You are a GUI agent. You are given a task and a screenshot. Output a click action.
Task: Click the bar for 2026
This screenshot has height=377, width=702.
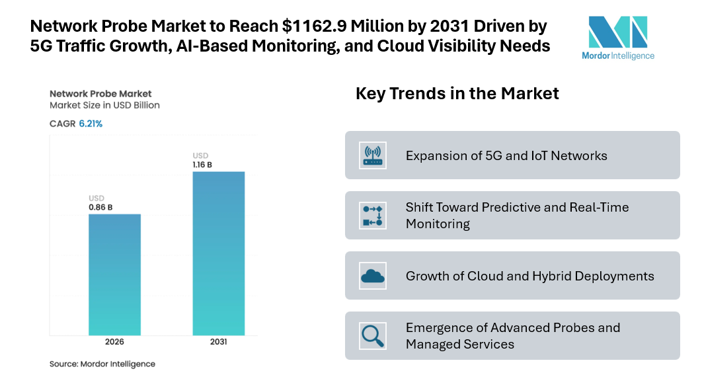pos(114,274)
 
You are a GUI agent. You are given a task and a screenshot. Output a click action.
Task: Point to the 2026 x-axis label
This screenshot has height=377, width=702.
pos(114,342)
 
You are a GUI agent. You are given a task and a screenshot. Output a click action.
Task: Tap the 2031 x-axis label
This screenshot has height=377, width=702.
pos(218,342)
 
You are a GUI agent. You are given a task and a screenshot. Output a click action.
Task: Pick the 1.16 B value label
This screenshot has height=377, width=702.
pos(202,165)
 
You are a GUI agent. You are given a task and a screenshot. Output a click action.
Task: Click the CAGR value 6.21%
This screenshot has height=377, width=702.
pos(91,124)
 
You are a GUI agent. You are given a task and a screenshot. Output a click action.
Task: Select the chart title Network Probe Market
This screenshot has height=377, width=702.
pos(100,93)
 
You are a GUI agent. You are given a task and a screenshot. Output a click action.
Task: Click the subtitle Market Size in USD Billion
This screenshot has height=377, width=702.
pos(104,105)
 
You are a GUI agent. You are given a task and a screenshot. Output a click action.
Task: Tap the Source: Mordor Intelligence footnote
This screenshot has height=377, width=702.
pos(102,364)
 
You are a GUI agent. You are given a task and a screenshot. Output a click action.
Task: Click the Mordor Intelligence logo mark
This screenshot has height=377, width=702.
pos(617,32)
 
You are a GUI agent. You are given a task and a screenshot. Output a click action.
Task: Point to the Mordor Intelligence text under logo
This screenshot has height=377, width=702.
pos(617,56)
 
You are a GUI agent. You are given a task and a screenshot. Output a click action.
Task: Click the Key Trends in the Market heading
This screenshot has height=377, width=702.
pos(457,93)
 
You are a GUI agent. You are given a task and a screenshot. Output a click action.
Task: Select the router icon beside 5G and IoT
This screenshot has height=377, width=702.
pos(373,155)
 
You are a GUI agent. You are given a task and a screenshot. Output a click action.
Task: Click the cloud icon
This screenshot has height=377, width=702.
pos(373,275)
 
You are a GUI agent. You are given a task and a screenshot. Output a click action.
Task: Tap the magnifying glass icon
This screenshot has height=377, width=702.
pos(373,335)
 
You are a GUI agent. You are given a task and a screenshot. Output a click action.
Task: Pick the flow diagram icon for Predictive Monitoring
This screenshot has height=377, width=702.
pos(373,215)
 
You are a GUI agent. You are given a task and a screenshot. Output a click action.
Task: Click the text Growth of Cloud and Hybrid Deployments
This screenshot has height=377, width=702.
pos(529,276)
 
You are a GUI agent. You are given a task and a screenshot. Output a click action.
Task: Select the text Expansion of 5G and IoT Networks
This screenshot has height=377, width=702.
pos(506,155)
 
